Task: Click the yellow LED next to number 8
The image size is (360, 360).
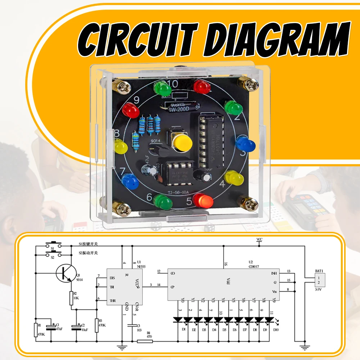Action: click(x=121, y=146)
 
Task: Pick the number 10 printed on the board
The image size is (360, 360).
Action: click(x=173, y=84)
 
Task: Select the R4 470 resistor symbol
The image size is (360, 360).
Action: click(x=145, y=341)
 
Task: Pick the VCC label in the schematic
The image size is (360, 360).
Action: click(x=260, y=239)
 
